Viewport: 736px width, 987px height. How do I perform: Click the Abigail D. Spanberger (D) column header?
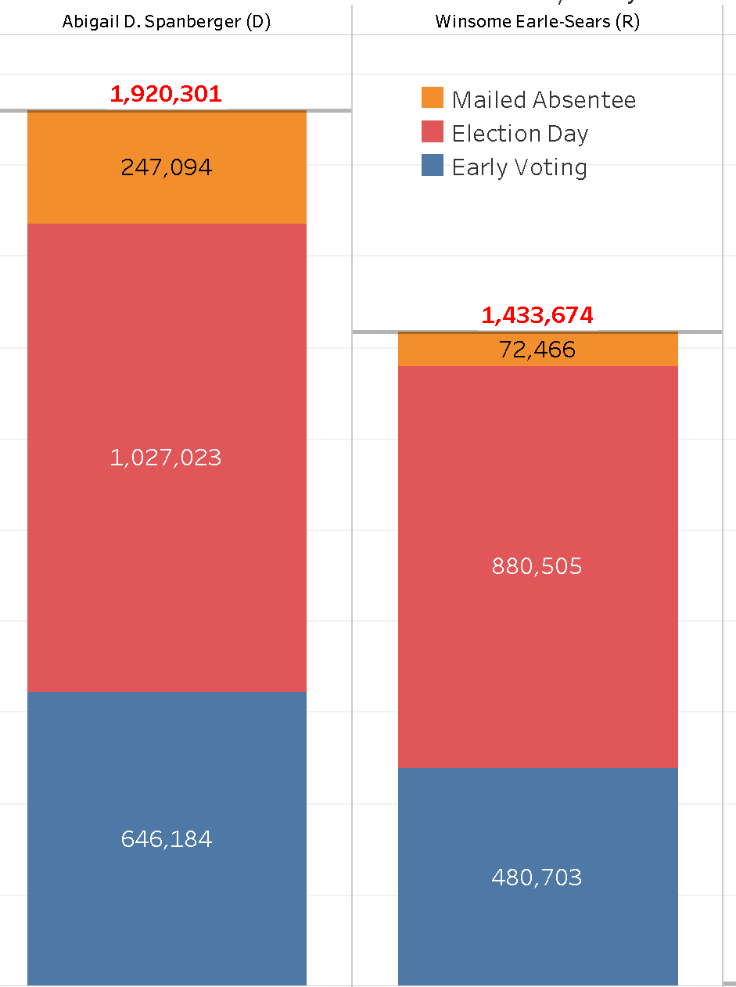pos(167,22)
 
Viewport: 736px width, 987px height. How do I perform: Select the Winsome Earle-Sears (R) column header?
pos(537,22)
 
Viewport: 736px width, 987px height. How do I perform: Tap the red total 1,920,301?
pos(166,95)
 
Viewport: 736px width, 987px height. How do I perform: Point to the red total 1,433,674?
pos(537,315)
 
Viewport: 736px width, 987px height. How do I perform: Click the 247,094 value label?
pos(167,167)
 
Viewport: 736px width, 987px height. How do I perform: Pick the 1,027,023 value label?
pos(166,458)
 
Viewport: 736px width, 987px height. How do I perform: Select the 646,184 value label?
pos(167,839)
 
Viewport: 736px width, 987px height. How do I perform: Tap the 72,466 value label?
pos(537,350)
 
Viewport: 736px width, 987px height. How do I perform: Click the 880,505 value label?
pos(537,566)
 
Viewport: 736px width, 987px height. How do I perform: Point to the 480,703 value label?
pos(537,878)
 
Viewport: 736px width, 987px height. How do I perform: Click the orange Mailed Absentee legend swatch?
pos(433,99)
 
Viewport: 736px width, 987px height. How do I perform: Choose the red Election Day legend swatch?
pos(433,132)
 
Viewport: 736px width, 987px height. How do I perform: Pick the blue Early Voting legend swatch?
pos(433,166)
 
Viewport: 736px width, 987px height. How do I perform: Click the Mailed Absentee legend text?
pos(544,100)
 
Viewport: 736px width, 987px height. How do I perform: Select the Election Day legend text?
pos(520,134)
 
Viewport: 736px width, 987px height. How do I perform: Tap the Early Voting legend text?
pos(519,167)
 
